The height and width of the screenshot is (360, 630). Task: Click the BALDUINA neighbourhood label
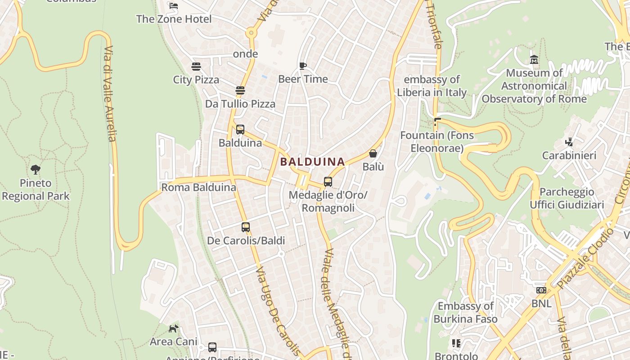(x=312, y=162)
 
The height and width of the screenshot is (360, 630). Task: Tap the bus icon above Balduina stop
(x=240, y=130)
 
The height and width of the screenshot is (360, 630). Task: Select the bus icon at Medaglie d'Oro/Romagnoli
(x=328, y=182)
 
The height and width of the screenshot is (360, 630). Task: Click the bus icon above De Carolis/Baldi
(x=246, y=227)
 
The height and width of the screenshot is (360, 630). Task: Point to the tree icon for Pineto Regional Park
(x=36, y=170)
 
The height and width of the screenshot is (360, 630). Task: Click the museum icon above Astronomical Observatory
(x=534, y=59)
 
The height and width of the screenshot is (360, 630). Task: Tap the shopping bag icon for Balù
(x=373, y=153)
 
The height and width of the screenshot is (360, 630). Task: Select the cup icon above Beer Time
(x=303, y=66)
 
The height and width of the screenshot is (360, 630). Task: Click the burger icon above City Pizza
(x=196, y=67)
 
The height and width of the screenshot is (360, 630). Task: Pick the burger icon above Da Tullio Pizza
(x=240, y=90)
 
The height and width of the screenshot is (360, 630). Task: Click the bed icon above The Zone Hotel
(x=174, y=6)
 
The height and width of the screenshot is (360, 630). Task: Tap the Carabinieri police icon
(x=569, y=142)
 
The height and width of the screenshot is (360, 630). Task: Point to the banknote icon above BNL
(x=541, y=290)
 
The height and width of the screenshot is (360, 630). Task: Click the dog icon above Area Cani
(x=173, y=328)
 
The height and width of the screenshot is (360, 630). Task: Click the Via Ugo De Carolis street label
(x=277, y=310)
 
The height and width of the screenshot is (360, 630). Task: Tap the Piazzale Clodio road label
(x=585, y=259)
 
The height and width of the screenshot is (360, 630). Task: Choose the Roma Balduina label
(x=198, y=187)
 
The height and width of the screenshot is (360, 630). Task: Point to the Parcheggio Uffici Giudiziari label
(x=567, y=198)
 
